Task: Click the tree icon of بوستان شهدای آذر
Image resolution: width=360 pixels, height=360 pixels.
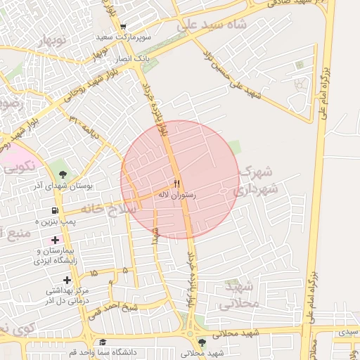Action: tap(64, 172)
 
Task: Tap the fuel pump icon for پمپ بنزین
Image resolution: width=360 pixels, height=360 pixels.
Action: tap(55, 210)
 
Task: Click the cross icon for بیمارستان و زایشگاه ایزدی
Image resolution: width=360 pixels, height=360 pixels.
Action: tap(55, 240)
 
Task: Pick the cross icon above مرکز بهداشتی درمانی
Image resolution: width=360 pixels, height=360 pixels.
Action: tap(67, 279)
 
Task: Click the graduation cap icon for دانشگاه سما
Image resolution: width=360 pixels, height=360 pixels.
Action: tap(103, 342)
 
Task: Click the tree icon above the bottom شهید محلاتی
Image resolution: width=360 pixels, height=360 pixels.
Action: tap(202, 342)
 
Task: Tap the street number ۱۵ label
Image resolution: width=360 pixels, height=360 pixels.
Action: tap(96, 271)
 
